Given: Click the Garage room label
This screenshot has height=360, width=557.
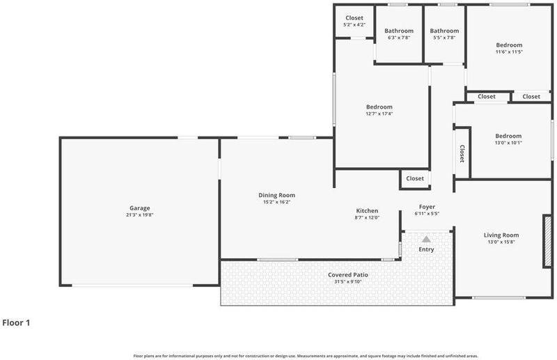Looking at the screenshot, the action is [140, 208].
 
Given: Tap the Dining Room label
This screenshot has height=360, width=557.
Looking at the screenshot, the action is [276, 195].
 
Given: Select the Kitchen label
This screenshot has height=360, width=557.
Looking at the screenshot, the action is [367, 211].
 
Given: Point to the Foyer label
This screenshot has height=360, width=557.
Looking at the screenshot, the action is [427, 207].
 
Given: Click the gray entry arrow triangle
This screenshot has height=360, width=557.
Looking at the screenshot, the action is [426, 239].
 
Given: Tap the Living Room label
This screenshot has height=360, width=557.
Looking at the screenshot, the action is [501, 235].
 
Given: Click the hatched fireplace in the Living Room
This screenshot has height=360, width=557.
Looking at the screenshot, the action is [548, 241].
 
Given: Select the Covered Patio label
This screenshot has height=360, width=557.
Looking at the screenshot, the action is [347, 275].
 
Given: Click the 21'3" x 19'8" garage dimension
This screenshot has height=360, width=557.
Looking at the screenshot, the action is [140, 215].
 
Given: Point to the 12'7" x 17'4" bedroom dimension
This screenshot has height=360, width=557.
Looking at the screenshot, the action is [379, 114].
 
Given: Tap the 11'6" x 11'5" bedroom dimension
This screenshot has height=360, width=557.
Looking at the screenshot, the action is [509, 52].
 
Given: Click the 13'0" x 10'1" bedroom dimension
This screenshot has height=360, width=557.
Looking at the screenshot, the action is [508, 143].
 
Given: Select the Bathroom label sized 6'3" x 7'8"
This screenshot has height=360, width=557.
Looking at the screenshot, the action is [399, 31].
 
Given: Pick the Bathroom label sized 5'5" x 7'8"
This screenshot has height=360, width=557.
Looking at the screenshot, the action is [444, 31].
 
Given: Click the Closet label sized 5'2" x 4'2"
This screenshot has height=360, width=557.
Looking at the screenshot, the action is [354, 18].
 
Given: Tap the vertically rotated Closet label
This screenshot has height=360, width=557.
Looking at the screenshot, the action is [462, 153].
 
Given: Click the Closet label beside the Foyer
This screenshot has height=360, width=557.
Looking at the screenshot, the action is [415, 178].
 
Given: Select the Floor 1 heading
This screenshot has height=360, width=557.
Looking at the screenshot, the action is [16, 322].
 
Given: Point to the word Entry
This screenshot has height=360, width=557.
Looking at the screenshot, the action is [426, 249].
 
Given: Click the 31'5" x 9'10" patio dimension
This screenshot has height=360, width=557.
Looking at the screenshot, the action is [347, 282].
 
